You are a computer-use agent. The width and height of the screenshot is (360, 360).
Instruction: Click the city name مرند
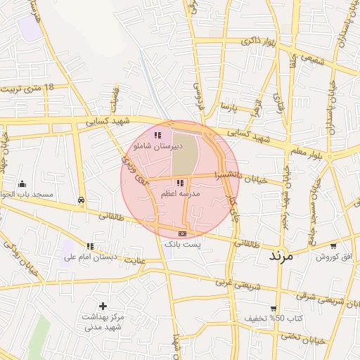point(284,256)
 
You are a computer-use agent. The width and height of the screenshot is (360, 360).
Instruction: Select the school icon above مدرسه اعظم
point(181,183)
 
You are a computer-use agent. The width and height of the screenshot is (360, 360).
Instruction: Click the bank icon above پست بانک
point(182,233)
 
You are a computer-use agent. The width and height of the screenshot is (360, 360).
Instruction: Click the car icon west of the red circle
point(82,200)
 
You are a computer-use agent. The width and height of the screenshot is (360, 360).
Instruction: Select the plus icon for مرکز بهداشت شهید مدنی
point(103,306)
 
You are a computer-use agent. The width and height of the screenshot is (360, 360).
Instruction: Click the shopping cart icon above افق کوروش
point(332,246)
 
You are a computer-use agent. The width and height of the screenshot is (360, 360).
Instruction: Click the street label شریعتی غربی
point(232,285)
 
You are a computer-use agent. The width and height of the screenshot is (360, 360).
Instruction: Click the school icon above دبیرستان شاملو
point(157,135)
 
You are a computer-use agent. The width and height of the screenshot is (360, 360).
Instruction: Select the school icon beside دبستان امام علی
point(90,246)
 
